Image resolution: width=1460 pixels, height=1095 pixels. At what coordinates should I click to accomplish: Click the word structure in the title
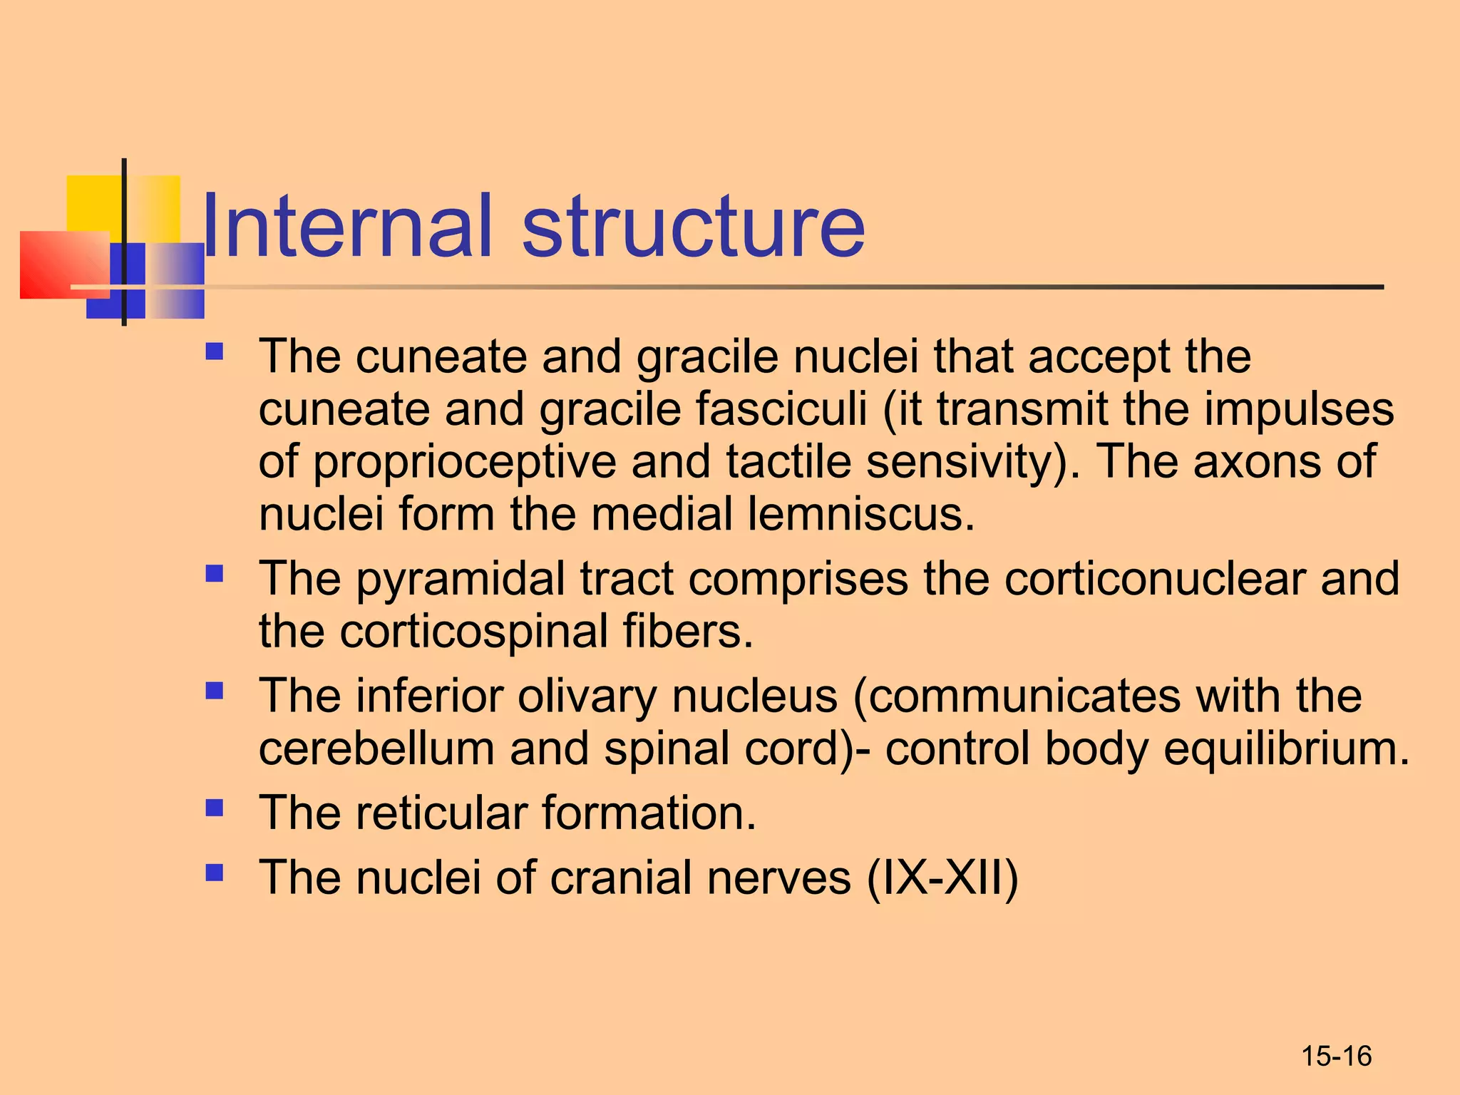point(693,227)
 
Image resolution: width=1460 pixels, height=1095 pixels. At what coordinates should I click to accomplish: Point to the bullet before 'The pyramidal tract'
point(214,574)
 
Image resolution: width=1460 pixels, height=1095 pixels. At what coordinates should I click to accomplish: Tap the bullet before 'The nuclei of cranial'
point(214,873)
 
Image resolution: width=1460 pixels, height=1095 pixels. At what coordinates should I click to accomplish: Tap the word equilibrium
point(1286,749)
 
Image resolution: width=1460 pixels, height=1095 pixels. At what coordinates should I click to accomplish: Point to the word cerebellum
point(376,749)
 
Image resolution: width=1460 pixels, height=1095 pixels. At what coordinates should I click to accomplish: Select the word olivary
point(587,696)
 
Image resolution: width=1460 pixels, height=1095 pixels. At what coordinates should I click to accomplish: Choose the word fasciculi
point(781,410)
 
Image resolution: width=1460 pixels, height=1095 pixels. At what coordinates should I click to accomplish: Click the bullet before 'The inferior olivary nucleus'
point(214,691)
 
